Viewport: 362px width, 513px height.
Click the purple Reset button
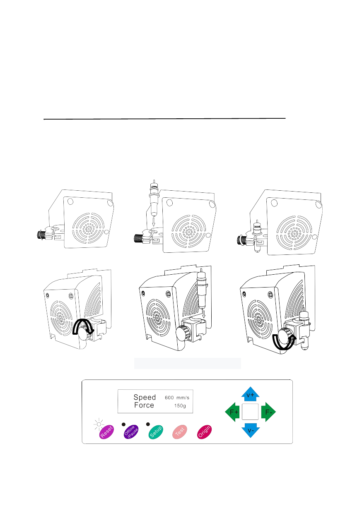[x=106, y=432]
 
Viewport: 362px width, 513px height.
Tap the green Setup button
[x=156, y=432]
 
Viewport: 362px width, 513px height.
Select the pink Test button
[x=179, y=432]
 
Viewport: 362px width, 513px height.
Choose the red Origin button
[x=204, y=432]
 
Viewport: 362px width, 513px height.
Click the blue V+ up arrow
[x=250, y=394]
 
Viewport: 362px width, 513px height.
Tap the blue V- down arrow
[x=251, y=430]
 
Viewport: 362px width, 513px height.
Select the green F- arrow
[x=268, y=412]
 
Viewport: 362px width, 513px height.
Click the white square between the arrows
[x=250, y=412]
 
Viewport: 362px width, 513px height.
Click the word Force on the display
[x=144, y=405]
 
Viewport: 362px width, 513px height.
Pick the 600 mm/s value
[x=177, y=398]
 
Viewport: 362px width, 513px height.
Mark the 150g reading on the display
[x=180, y=406]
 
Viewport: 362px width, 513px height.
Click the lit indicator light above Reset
[x=99, y=424]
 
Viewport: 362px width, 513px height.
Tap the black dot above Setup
[x=148, y=424]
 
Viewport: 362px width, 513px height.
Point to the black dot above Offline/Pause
[x=123, y=424]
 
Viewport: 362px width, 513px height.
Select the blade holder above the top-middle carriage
[x=154, y=198]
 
